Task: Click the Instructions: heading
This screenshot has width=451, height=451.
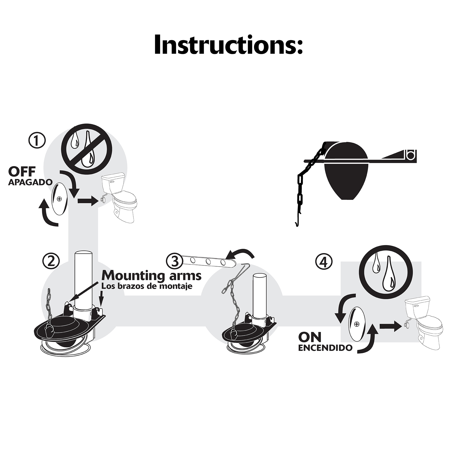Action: pos(228,44)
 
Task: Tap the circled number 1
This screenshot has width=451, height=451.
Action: pos(37,141)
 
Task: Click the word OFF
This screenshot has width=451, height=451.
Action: pos(22,172)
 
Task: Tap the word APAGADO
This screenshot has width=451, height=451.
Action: pos(30,182)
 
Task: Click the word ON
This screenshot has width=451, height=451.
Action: pos(310,337)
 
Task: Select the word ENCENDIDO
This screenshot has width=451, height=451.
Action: pos(325,348)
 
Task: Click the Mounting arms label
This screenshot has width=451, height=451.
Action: pos(151,276)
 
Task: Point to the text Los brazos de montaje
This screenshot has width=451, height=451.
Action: pos(147,286)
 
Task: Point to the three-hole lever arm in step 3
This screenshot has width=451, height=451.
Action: pos(208,262)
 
